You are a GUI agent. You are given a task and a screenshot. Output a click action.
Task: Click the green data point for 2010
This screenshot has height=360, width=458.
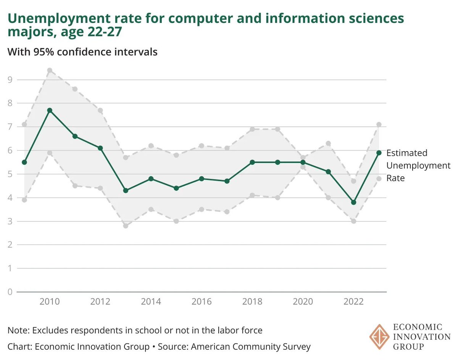point(50,110)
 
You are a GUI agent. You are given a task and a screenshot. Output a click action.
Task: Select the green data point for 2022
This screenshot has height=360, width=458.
point(353,202)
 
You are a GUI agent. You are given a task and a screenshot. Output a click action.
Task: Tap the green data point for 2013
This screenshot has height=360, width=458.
point(126,190)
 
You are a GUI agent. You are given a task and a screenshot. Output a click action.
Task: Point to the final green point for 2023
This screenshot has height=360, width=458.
point(379,153)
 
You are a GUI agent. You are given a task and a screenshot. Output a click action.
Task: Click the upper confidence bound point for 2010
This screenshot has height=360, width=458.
point(50,70)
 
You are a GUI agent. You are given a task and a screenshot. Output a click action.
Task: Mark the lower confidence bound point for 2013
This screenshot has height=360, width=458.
point(126,226)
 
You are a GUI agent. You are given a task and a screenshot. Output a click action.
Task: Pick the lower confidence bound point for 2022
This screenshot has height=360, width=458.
point(353,221)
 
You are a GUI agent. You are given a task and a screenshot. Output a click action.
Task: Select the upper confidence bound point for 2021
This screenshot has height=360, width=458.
point(328,144)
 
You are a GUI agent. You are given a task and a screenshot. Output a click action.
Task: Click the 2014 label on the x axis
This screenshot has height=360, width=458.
point(151,302)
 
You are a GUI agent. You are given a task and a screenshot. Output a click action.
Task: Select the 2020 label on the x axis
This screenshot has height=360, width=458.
point(303,302)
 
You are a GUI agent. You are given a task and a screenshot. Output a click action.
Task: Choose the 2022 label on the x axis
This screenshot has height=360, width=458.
point(353,302)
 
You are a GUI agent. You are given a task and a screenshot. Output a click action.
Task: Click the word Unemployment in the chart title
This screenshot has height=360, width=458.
point(56,18)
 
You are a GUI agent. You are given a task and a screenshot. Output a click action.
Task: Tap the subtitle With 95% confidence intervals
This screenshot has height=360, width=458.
point(82,52)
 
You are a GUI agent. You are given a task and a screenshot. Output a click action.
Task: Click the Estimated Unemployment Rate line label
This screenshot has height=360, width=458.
point(418,165)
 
